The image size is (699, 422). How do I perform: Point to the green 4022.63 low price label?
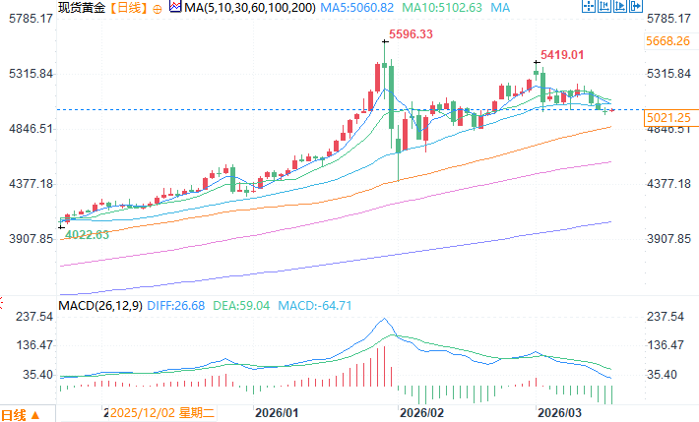pos(87,234)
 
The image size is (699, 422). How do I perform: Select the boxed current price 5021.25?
pos(669,118)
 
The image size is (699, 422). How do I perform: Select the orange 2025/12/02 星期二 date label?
pos(162,413)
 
